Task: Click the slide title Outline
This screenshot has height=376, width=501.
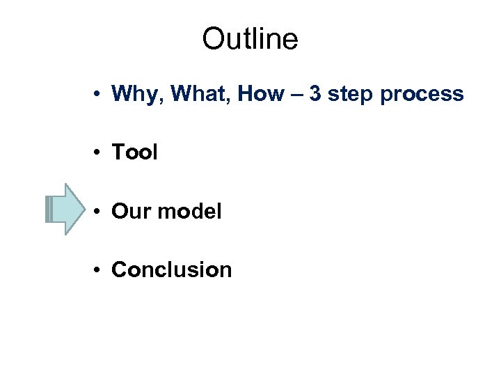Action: click(250, 40)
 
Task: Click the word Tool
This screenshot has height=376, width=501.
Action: click(134, 152)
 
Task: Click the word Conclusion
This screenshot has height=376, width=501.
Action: click(171, 269)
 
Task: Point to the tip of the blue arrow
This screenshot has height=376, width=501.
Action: click(86, 209)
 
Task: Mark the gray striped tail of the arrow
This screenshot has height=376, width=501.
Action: click(48, 209)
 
